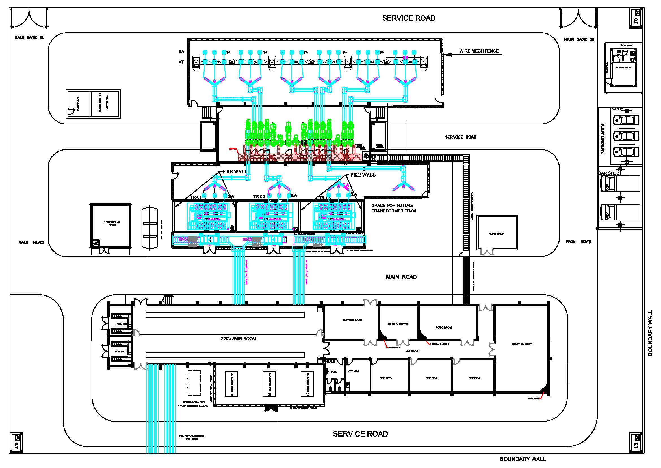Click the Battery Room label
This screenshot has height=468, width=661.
[352, 321]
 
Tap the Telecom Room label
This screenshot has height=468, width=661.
[398, 325]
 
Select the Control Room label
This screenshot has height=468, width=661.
[521, 344]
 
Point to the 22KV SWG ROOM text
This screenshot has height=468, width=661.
[239, 339]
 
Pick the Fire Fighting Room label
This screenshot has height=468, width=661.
[112, 223]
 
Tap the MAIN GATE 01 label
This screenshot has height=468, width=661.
[29, 37]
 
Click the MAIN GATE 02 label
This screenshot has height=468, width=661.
[579, 40]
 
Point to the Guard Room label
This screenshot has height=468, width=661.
[623, 68]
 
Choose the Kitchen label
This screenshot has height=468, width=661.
[353, 372]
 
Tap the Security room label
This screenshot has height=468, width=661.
[386, 378]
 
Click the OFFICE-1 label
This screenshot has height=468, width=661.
[474, 378]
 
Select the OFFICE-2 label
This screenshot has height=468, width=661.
[431, 378]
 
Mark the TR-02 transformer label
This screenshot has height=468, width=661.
[259, 197]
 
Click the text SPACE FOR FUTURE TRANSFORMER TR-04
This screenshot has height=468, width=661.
[394, 208]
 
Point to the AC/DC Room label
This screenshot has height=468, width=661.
[444, 327]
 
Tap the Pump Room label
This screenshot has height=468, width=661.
[77, 104]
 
